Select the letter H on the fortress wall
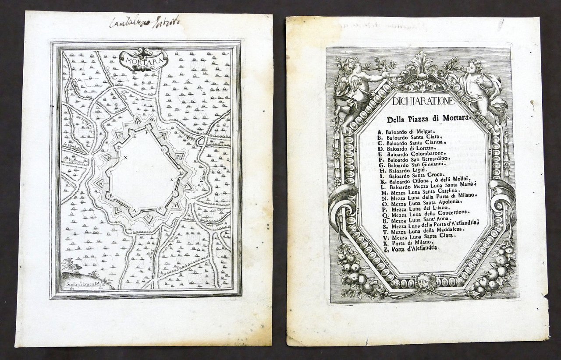click(180, 173)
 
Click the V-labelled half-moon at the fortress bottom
click(150, 218)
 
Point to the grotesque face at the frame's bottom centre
click(425, 279)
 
